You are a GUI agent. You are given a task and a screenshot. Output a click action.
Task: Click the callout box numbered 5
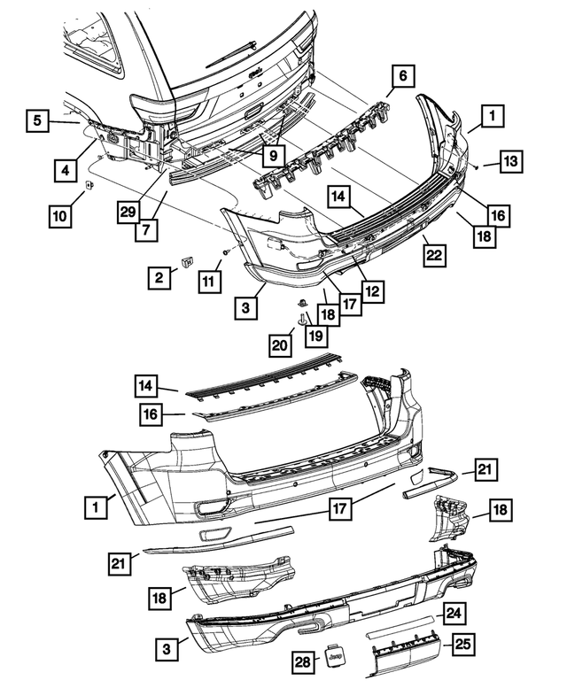pos(36,120)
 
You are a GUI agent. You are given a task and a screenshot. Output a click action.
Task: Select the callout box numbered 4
pos(64,166)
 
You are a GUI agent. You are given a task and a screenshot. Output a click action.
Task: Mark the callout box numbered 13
pos(511,161)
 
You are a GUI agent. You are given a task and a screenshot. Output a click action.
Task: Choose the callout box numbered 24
pos(454,612)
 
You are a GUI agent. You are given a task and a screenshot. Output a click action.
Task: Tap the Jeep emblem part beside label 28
pos(334,659)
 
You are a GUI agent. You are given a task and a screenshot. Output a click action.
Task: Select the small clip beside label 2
pos(187,261)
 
